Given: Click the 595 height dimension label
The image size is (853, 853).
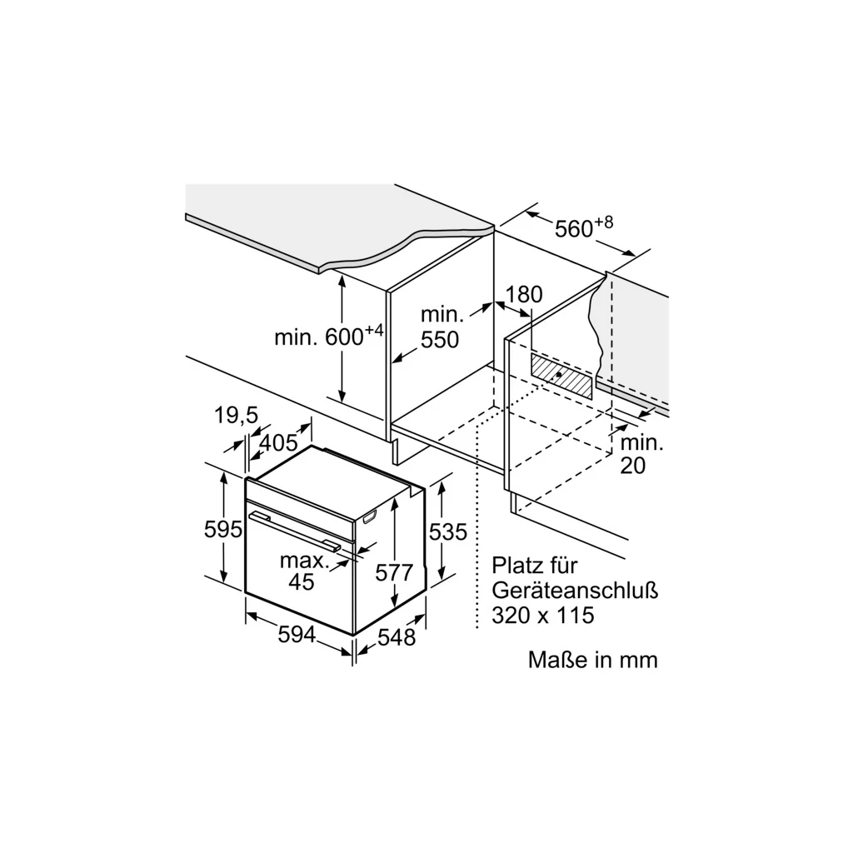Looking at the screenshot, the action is [x=222, y=528].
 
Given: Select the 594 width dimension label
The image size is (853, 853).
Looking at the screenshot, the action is [x=297, y=634].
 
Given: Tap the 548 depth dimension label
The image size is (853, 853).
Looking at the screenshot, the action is [x=397, y=637].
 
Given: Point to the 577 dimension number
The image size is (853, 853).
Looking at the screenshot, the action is [x=394, y=572].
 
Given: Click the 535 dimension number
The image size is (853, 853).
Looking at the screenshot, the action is [x=447, y=531].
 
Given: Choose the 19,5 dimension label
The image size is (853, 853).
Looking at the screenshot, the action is [x=236, y=415].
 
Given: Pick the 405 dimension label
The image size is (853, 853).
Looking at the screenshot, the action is [x=278, y=443].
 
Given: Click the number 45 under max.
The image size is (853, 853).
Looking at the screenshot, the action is [x=302, y=581].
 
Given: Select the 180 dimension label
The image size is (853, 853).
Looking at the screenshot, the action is [x=524, y=294].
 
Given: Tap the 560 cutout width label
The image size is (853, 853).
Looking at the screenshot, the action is [x=573, y=229].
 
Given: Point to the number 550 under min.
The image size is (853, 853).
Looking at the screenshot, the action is [x=440, y=340].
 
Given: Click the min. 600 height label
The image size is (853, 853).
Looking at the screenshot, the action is [x=328, y=336].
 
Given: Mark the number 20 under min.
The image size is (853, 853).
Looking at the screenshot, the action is [x=633, y=466].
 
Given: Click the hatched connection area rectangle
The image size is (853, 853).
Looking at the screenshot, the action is [x=561, y=376].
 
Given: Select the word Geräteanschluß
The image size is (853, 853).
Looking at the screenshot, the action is [x=575, y=591].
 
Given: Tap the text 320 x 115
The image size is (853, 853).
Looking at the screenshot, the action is [x=543, y=616].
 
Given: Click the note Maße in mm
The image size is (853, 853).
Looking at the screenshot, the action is [x=593, y=660].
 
